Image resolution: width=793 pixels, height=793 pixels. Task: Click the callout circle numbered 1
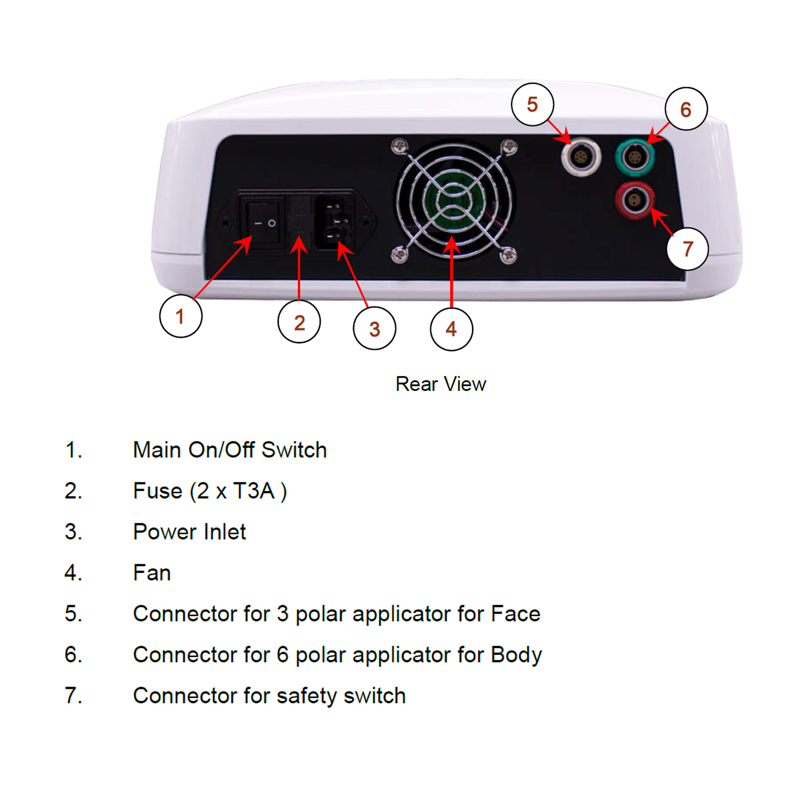[181, 316]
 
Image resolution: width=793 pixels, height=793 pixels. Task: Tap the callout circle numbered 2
[299, 322]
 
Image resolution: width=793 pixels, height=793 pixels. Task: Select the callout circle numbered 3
[374, 328]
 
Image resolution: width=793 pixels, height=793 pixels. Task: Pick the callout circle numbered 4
[452, 329]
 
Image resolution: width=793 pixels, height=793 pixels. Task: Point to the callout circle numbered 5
[533, 104]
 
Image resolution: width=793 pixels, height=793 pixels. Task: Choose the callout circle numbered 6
[686, 109]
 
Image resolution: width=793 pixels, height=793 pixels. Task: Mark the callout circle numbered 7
[687, 249]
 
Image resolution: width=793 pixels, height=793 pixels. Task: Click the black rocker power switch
[262, 223]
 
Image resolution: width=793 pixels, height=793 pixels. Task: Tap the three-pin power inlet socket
[334, 222]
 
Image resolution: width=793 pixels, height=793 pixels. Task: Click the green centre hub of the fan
[453, 200]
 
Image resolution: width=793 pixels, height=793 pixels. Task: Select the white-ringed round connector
[581, 156]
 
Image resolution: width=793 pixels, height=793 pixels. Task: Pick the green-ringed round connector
[635, 157]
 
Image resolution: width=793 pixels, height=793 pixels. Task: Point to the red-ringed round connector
[635, 201]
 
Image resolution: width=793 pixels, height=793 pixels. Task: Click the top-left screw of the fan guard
[400, 146]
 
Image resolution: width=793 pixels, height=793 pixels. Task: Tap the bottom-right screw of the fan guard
[509, 255]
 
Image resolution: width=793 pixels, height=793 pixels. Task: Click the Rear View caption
[441, 384]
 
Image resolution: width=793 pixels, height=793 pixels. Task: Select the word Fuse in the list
[158, 491]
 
